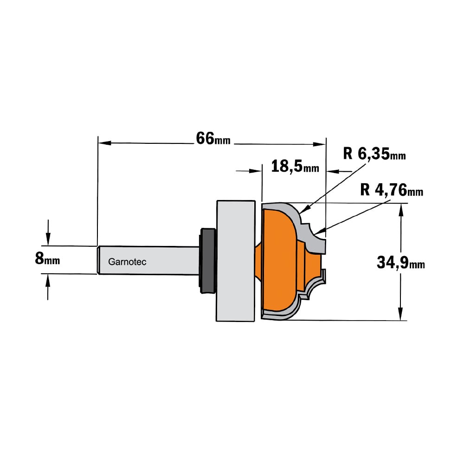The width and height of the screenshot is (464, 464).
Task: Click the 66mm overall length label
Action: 213,138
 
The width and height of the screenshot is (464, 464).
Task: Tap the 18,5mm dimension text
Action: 295,167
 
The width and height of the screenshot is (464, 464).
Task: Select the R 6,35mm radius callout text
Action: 374,155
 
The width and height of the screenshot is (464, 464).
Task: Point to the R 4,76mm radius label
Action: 392,190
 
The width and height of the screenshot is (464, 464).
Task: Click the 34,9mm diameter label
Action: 401,263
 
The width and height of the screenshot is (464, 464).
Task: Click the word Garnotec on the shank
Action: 127,262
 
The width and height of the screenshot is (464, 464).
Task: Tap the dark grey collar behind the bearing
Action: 208,261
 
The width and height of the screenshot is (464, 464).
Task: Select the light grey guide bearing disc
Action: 236,261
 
